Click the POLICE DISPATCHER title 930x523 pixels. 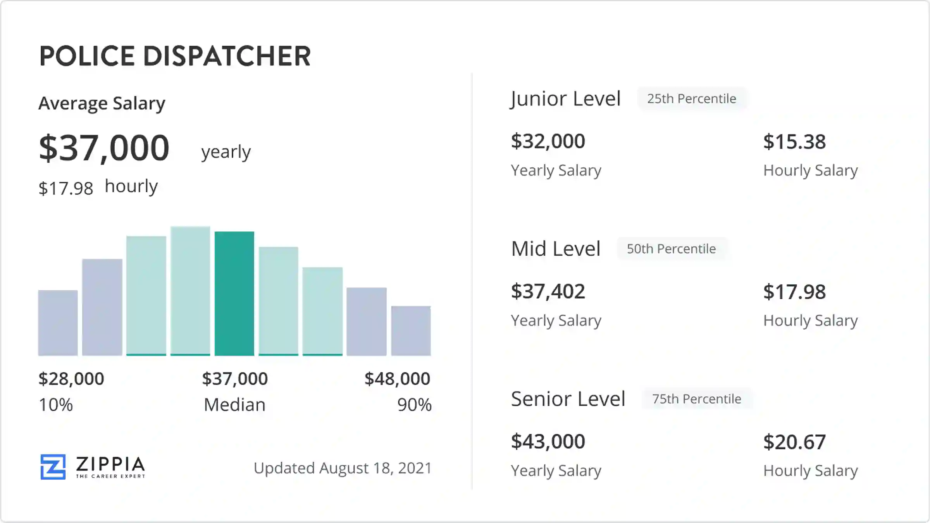tap(175, 56)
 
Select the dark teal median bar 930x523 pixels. tap(234, 293)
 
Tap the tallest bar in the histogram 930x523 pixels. tap(190, 291)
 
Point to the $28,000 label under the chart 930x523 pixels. tap(71, 379)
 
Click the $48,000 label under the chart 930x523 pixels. tap(397, 379)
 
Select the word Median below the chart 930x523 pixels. tap(234, 405)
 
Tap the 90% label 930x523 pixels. tap(414, 405)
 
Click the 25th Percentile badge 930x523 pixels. tap(692, 99)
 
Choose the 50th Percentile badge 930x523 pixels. tap(671, 249)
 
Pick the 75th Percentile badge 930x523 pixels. tap(696, 399)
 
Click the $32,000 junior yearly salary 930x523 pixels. tap(548, 141)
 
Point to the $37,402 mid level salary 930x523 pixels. tap(548, 291)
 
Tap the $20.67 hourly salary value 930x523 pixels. tap(794, 442)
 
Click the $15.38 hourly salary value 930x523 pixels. tap(794, 142)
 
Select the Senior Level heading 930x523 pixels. tap(568, 399)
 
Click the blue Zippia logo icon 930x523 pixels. tap(53, 467)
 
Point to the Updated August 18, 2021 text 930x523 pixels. tap(343, 468)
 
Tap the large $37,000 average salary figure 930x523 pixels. tap(104, 148)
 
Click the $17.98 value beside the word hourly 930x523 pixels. tap(66, 189)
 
